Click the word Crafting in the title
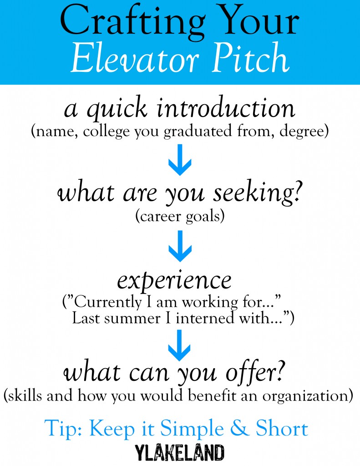pos(132,22)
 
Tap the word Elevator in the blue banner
pos(134,58)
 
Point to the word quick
pos(117,109)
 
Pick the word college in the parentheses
pos(106,132)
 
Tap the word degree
pos(302,132)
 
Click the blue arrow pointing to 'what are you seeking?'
pos(180,160)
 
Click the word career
pos(161,216)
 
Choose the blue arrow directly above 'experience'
pos(180,246)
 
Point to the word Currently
pos(108,303)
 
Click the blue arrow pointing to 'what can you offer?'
pos(180,345)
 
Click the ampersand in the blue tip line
pos(240,428)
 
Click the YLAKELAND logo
pos(180,453)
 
